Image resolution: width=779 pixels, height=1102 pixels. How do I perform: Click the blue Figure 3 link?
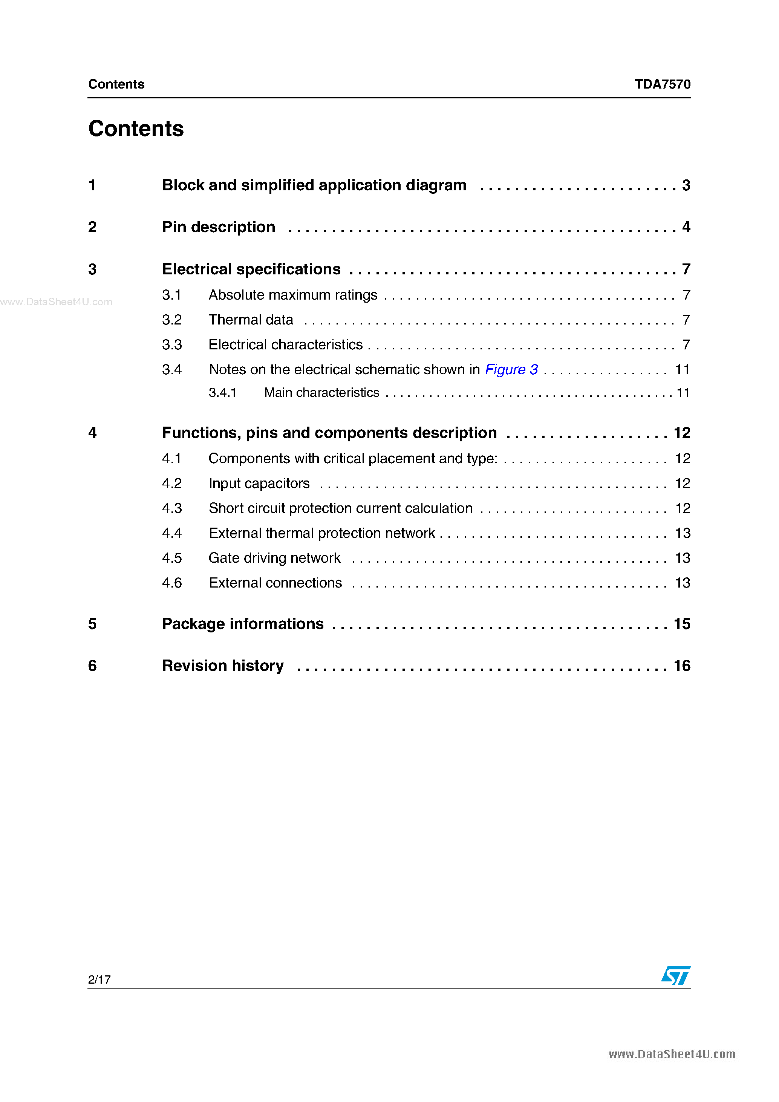[x=511, y=370]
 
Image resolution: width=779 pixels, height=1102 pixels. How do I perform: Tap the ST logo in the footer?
[x=676, y=975]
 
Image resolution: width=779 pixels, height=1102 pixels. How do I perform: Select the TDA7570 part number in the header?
[x=663, y=84]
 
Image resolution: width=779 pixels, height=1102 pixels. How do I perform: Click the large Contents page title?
[x=136, y=129]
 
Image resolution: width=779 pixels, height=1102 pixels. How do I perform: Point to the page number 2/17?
[x=99, y=979]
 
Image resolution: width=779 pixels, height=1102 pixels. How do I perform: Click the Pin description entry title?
[x=219, y=227]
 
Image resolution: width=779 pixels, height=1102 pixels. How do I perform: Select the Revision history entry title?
[x=223, y=666]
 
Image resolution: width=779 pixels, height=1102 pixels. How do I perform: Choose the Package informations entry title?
[x=243, y=624]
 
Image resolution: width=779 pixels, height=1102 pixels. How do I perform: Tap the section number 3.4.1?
[x=222, y=393]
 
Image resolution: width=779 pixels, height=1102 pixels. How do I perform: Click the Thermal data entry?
[x=251, y=320]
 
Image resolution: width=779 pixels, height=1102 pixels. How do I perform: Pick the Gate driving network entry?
[x=274, y=558]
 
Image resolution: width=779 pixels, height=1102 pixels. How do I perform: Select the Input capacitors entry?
[x=259, y=483]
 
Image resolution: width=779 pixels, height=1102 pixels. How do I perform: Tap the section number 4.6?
[x=172, y=583]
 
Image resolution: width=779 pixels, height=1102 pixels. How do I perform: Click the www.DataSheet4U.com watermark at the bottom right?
[x=672, y=1054]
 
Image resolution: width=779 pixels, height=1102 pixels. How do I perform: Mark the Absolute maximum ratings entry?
[x=293, y=295]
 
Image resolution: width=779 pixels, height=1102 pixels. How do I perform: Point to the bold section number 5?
[x=93, y=624]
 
